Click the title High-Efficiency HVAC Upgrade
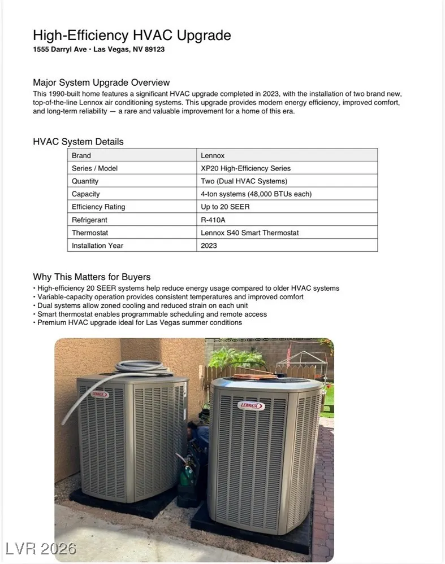point(132,36)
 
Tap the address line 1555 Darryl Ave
point(99,50)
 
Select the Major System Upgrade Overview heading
point(101,82)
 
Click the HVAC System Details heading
point(78,142)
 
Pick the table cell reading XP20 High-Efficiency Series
point(245,168)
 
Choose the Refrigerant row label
point(89,220)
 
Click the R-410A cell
point(213,220)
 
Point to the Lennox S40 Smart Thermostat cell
point(249,233)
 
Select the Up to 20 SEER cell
point(225,207)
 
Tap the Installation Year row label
point(97,246)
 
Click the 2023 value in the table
point(209,246)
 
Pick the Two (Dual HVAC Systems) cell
point(244,181)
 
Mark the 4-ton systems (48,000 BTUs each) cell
point(256,194)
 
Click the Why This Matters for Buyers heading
point(92,277)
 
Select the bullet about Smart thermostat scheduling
point(152,314)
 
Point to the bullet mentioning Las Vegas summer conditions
point(140,322)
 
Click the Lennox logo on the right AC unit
point(252,405)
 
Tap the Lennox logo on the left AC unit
point(100,395)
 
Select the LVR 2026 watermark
point(41,548)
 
